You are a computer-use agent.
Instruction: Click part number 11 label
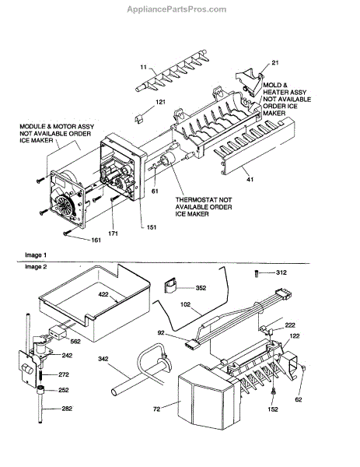click(144, 67)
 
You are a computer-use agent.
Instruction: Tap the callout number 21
click(275, 62)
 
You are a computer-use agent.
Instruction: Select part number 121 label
click(160, 102)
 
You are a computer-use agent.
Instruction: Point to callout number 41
click(250, 179)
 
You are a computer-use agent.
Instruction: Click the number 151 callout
click(151, 227)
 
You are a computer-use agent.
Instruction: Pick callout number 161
click(96, 240)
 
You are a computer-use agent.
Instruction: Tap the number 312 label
click(281, 272)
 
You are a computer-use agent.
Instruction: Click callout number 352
click(201, 288)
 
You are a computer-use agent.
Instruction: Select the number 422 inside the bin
click(103, 294)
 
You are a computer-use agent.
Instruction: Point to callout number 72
click(156, 409)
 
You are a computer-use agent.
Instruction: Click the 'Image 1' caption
click(36, 255)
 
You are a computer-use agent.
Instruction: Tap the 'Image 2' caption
click(36, 266)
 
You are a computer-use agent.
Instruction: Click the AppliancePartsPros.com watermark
click(177, 9)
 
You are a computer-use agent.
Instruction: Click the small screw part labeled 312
click(257, 273)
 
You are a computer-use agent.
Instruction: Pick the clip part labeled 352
click(170, 286)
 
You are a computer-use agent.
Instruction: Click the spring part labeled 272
click(42, 375)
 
